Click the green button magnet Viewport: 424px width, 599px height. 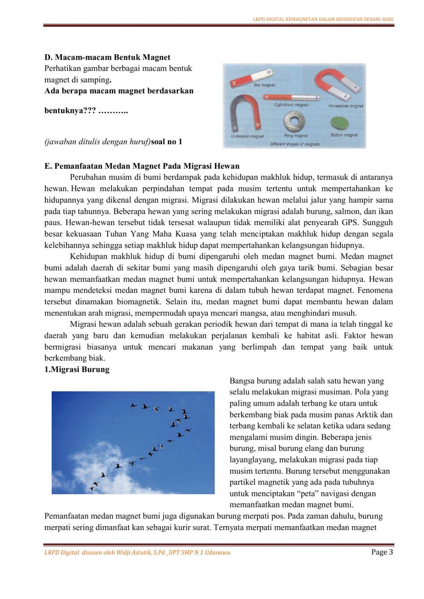pyautogui.click(x=342, y=122)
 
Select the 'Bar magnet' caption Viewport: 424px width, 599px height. pyautogui.click(x=265, y=85)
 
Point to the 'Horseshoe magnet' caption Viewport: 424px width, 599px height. pyautogui.click(x=346, y=106)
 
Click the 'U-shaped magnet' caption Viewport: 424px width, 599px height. pyautogui.click(x=247, y=137)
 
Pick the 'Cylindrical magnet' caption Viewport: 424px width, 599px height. pyautogui.click(x=291, y=105)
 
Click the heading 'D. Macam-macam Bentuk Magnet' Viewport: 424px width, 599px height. pyautogui.click(x=108, y=57)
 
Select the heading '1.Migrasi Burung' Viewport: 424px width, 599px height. pyautogui.click(x=77, y=369)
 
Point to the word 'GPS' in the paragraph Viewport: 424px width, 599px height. pyautogui.click(x=350, y=223)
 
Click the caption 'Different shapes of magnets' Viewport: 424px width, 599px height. pyautogui.click(x=295, y=144)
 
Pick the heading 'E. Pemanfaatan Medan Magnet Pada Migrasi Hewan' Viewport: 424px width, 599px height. pyautogui.click(x=142, y=166)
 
